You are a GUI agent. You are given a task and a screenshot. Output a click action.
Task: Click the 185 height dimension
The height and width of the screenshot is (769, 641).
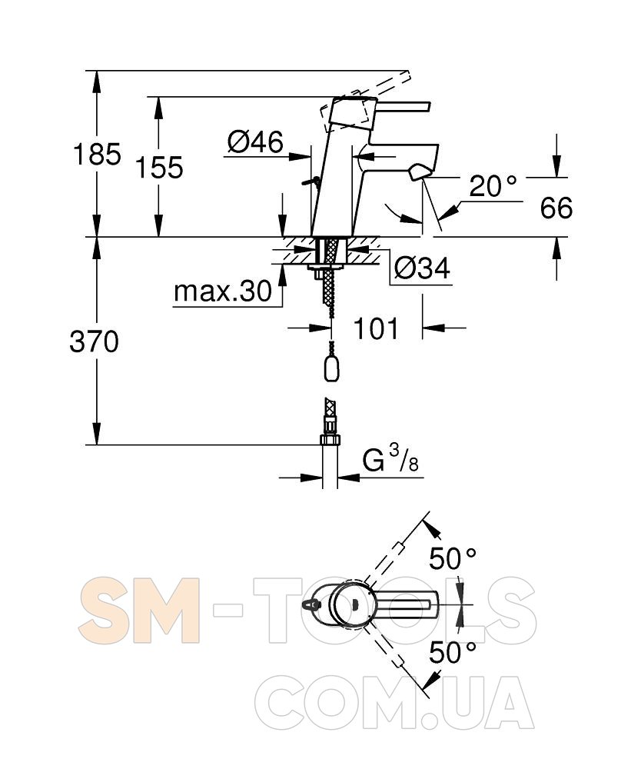click(97, 154)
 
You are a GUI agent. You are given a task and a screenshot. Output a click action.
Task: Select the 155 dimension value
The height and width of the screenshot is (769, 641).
click(159, 167)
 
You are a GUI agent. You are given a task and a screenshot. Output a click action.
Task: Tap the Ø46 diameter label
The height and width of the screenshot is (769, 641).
click(255, 142)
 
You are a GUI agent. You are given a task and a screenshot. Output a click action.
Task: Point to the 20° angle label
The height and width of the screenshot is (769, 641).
click(493, 186)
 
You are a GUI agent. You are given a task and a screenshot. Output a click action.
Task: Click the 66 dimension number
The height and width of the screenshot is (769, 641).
click(556, 208)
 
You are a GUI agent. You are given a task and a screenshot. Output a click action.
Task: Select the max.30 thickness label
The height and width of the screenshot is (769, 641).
click(223, 291)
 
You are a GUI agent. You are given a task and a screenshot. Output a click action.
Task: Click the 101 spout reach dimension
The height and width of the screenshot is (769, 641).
click(376, 328)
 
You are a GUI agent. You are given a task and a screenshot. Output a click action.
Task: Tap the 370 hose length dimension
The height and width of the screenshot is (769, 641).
click(94, 341)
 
